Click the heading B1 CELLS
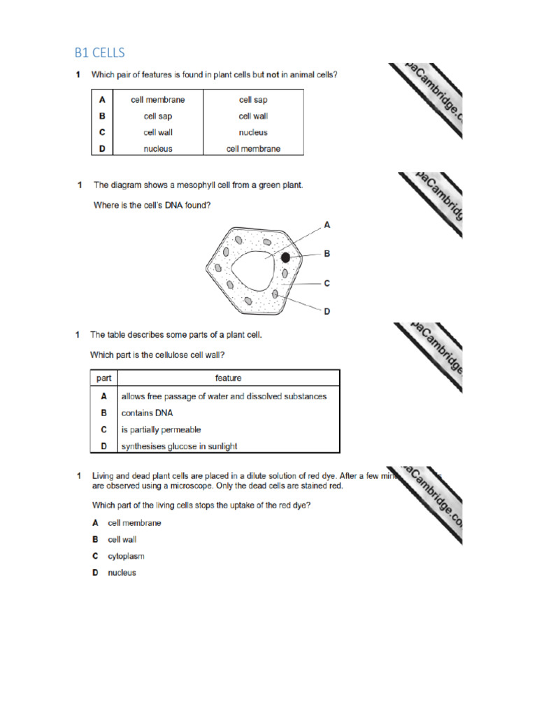click(99, 52)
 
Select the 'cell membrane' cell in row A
click(158, 100)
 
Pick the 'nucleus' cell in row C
click(253, 132)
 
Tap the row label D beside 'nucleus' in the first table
click(102, 148)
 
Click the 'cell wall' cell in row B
click(253, 116)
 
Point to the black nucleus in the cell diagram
click(285, 258)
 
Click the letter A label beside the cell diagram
click(327, 224)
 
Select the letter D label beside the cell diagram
click(327, 311)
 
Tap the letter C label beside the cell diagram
click(327, 283)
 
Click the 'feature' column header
click(229, 378)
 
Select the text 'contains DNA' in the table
click(147, 413)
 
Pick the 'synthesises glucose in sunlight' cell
click(179, 446)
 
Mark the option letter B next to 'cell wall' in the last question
click(94, 540)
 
